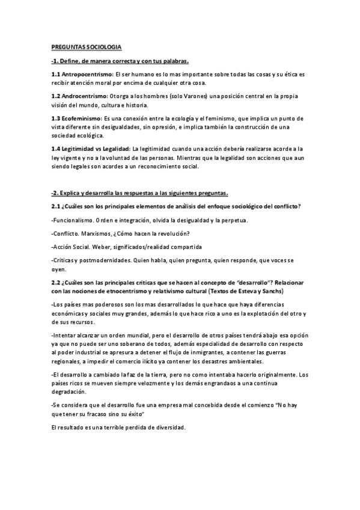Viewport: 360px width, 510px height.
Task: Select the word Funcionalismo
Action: click(x=75, y=220)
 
